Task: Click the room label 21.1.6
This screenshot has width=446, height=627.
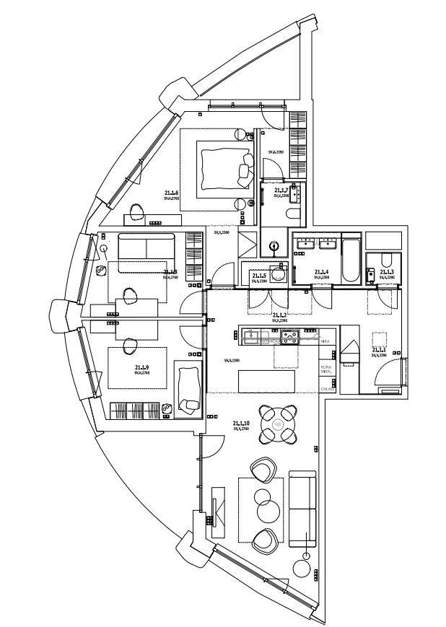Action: pos(171,193)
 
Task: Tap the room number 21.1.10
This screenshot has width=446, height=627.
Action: pos(241,424)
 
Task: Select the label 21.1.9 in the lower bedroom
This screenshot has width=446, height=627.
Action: pos(142,367)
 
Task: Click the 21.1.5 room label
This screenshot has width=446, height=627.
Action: pos(259,275)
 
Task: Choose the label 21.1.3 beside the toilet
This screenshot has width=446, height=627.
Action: pos(387,273)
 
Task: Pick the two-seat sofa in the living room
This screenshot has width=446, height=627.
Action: pos(302,509)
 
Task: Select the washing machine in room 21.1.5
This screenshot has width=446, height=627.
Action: pos(283,274)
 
